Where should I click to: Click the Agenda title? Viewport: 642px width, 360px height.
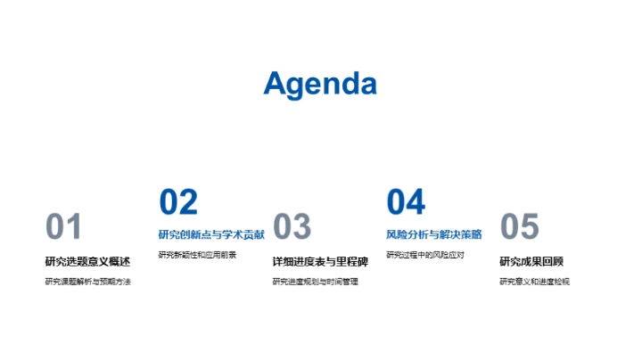click(x=320, y=84)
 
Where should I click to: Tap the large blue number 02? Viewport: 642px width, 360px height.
click(x=178, y=203)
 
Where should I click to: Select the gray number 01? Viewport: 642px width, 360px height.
click(x=63, y=228)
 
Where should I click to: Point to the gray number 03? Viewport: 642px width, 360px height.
click(x=292, y=228)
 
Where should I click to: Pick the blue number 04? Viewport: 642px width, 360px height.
click(x=406, y=203)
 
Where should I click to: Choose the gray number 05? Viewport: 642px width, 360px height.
click(x=519, y=228)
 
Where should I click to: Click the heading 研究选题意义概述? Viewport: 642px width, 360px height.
click(x=87, y=261)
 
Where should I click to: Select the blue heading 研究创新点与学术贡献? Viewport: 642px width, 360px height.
click(x=211, y=234)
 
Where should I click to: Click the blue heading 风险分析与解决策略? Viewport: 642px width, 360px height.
click(x=434, y=234)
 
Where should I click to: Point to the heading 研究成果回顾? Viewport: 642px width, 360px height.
click(x=531, y=261)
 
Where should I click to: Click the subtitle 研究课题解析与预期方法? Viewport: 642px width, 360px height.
click(x=87, y=282)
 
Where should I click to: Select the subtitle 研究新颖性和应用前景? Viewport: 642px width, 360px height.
click(x=197, y=255)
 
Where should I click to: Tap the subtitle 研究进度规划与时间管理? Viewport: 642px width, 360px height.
click(x=316, y=282)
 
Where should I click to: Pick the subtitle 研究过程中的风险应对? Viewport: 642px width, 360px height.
click(x=425, y=255)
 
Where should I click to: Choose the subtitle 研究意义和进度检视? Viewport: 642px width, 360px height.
click(x=534, y=282)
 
